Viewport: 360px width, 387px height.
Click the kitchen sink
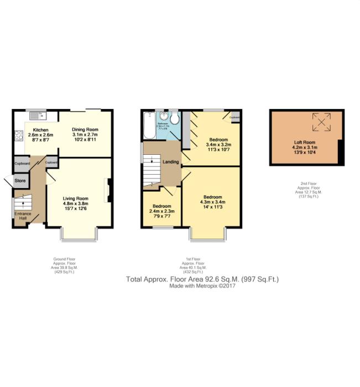pyautogui.click(x=39, y=116)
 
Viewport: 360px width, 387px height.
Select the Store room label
pyautogui.click(x=20, y=180)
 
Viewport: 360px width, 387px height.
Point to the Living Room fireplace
pyautogui.click(x=109, y=191)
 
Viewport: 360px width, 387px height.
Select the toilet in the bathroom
pyautogui.click(x=174, y=118)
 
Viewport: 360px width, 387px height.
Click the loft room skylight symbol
pyautogui.click(x=321, y=122)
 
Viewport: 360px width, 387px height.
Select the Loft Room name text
pyautogui.click(x=304, y=142)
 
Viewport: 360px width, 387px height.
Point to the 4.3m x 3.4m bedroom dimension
pyautogui.click(x=213, y=202)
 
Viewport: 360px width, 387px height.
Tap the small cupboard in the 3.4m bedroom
pyautogui.click(x=234, y=117)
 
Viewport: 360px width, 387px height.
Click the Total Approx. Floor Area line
pyautogui.click(x=202, y=280)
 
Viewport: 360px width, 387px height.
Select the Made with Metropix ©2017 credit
pyautogui.click(x=202, y=287)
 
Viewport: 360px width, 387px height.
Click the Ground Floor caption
pyautogui.click(x=60, y=259)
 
